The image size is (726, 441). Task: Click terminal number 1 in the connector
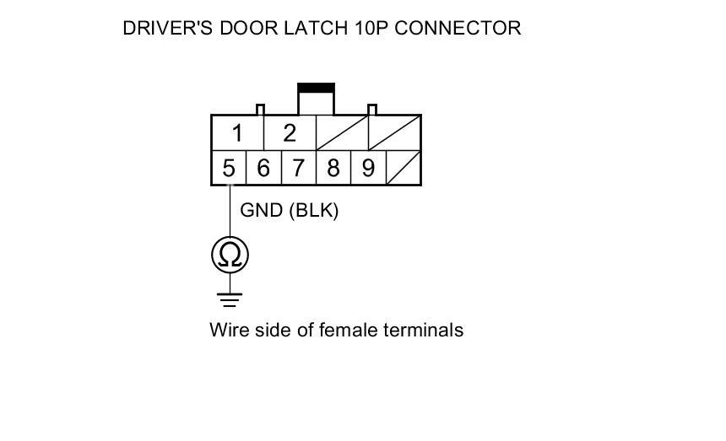[x=238, y=133]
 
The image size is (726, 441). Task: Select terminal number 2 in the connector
[x=290, y=133]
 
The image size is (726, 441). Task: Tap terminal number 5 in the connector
[x=229, y=169]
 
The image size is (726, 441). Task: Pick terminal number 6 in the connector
[x=263, y=169]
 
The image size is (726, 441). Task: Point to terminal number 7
[x=298, y=169]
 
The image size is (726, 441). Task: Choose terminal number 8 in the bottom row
[x=333, y=169]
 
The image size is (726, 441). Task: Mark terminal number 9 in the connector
[x=368, y=169]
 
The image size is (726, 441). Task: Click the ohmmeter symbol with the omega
[x=230, y=255]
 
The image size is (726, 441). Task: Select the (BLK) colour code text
[x=314, y=211]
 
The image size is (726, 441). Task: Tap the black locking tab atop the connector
[x=316, y=87]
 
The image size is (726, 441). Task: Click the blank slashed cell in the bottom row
[x=404, y=169]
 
